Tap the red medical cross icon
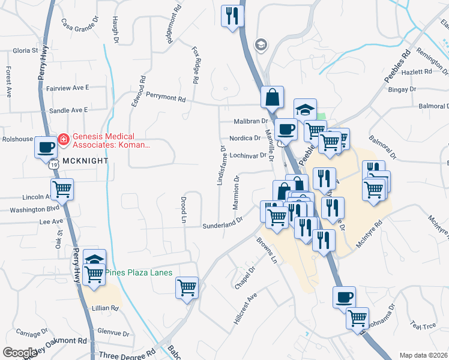pyautogui.click(x=62, y=140)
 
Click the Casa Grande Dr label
pyautogui.click(x=81, y=25)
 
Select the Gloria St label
pyautogui.click(x=23, y=50)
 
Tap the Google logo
pyautogui.click(x=20, y=353)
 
